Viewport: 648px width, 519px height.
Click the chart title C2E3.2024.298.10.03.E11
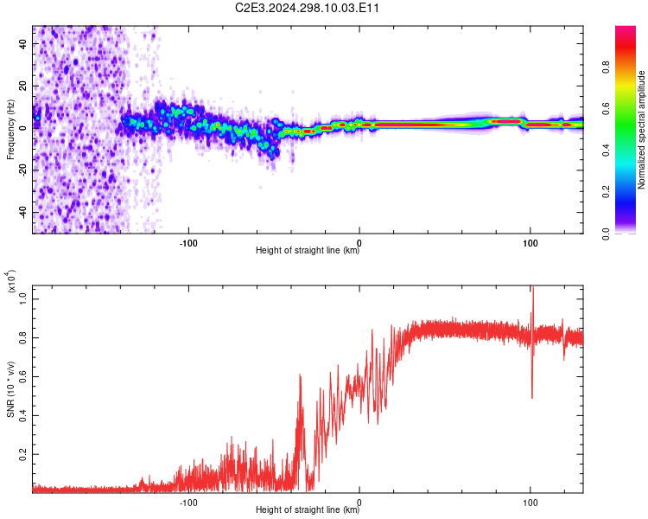(307, 8)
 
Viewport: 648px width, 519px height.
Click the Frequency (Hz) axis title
(10, 130)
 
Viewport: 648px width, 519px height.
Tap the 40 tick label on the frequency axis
(23, 43)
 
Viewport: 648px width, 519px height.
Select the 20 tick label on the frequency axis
(23, 86)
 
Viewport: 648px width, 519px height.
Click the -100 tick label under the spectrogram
(188, 243)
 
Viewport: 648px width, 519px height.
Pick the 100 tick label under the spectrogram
(530, 243)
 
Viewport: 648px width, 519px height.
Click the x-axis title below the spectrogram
(308, 250)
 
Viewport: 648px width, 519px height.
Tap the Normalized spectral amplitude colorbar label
(641, 130)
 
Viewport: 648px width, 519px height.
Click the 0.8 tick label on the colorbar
(606, 67)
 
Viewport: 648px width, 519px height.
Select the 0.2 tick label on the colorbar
(606, 192)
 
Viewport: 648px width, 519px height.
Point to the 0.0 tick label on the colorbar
(606, 234)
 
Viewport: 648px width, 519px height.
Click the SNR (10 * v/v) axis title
(10, 389)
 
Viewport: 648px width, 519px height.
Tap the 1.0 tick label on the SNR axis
(23, 298)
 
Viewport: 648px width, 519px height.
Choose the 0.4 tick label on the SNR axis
(23, 415)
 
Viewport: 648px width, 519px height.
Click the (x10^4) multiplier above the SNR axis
(11, 281)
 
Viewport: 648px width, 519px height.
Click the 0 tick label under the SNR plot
(359, 503)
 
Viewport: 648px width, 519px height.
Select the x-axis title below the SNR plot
(308, 509)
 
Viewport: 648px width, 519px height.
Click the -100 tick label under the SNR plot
(188, 503)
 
